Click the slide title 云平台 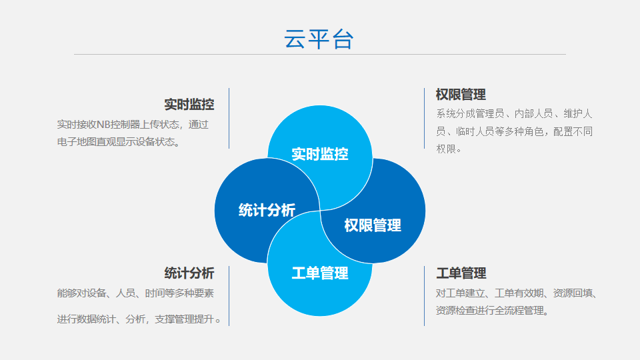pos(319,39)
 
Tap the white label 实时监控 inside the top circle pos(320,154)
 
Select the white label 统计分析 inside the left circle pos(267,210)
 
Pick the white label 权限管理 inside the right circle pos(373,225)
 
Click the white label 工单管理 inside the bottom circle pos(320,273)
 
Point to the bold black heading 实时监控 pos(189,105)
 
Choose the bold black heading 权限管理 pos(461,95)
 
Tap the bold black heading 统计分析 pos(189,273)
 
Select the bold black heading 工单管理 pos(461,273)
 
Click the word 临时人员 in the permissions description pos(475,131)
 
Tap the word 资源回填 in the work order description pos(572,293)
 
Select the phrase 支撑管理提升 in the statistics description pos(185,319)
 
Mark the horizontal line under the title pos(320,54)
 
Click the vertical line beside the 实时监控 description pos(229,119)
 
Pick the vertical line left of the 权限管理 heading pos(425,119)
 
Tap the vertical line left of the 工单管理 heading pos(425,296)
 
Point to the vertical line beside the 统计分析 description pos(229,296)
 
